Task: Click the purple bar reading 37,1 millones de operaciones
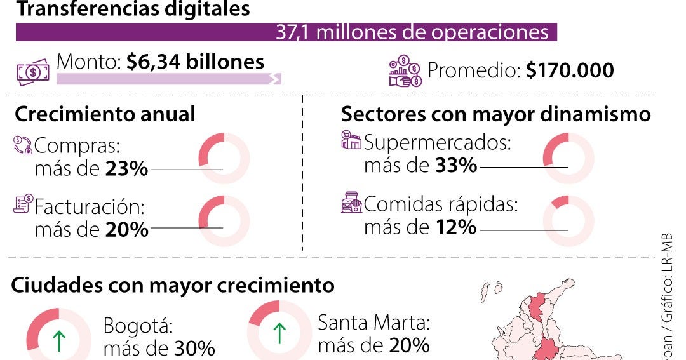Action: point(286,32)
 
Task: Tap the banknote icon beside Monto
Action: point(32,72)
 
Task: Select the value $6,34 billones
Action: point(195,62)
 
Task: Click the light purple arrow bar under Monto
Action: point(168,79)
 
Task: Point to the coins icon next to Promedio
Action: point(405,72)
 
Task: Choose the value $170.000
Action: point(570,70)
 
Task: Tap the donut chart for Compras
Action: point(224,158)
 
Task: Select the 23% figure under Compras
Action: point(127,170)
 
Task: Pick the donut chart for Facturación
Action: point(224,220)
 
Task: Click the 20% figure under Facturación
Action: point(127,229)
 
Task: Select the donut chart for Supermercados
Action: point(568,158)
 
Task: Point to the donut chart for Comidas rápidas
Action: point(568,220)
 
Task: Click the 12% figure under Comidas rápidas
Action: point(455,227)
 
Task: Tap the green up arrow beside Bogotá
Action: point(58,340)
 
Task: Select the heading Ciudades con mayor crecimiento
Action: point(173,285)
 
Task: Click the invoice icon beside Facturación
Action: point(23,204)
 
